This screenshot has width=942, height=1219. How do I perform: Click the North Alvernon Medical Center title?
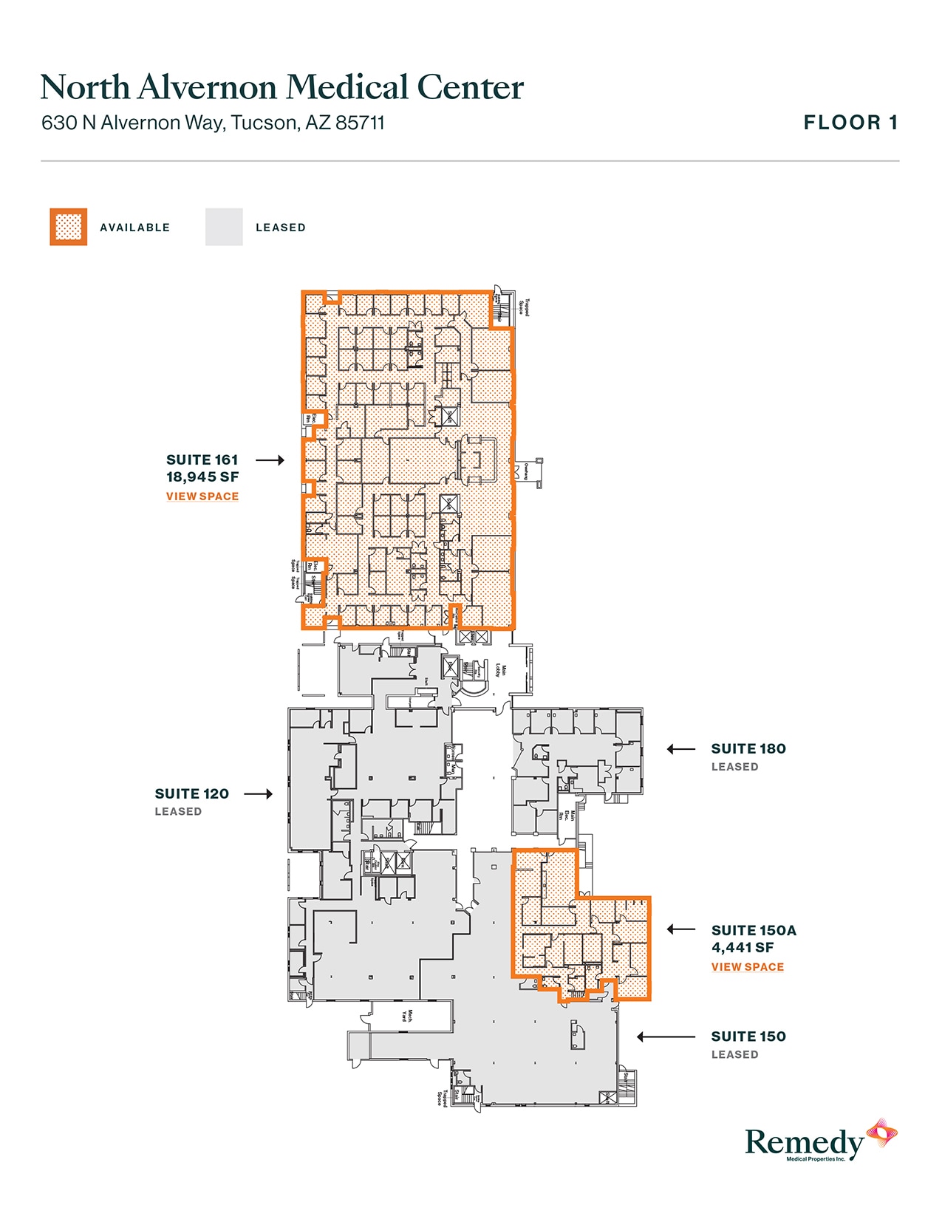coord(281,87)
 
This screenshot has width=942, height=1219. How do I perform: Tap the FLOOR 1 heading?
coord(850,123)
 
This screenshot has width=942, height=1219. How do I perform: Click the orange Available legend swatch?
coord(69,227)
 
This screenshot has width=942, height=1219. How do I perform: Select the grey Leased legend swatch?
coord(224,227)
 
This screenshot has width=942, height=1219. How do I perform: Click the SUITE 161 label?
coord(202,460)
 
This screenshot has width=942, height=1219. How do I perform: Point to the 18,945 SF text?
coord(202,477)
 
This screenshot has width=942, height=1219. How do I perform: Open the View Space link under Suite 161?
coord(202,496)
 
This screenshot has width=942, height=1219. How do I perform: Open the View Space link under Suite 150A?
coord(747,967)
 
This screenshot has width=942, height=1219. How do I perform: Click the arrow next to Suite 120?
coord(258,794)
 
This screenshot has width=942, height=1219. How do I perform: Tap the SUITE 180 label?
coord(748,749)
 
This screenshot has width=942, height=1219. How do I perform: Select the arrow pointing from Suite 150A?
coord(680,929)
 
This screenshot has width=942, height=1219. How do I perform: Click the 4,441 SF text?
coord(742,948)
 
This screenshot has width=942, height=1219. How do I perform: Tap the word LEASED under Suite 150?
coord(734,1055)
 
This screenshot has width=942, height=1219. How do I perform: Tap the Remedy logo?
coord(820,1141)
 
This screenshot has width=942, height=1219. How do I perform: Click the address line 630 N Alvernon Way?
coord(213,123)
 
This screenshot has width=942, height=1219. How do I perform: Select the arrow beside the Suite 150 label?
coord(665,1037)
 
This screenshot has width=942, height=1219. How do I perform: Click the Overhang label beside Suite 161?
coord(526,471)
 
